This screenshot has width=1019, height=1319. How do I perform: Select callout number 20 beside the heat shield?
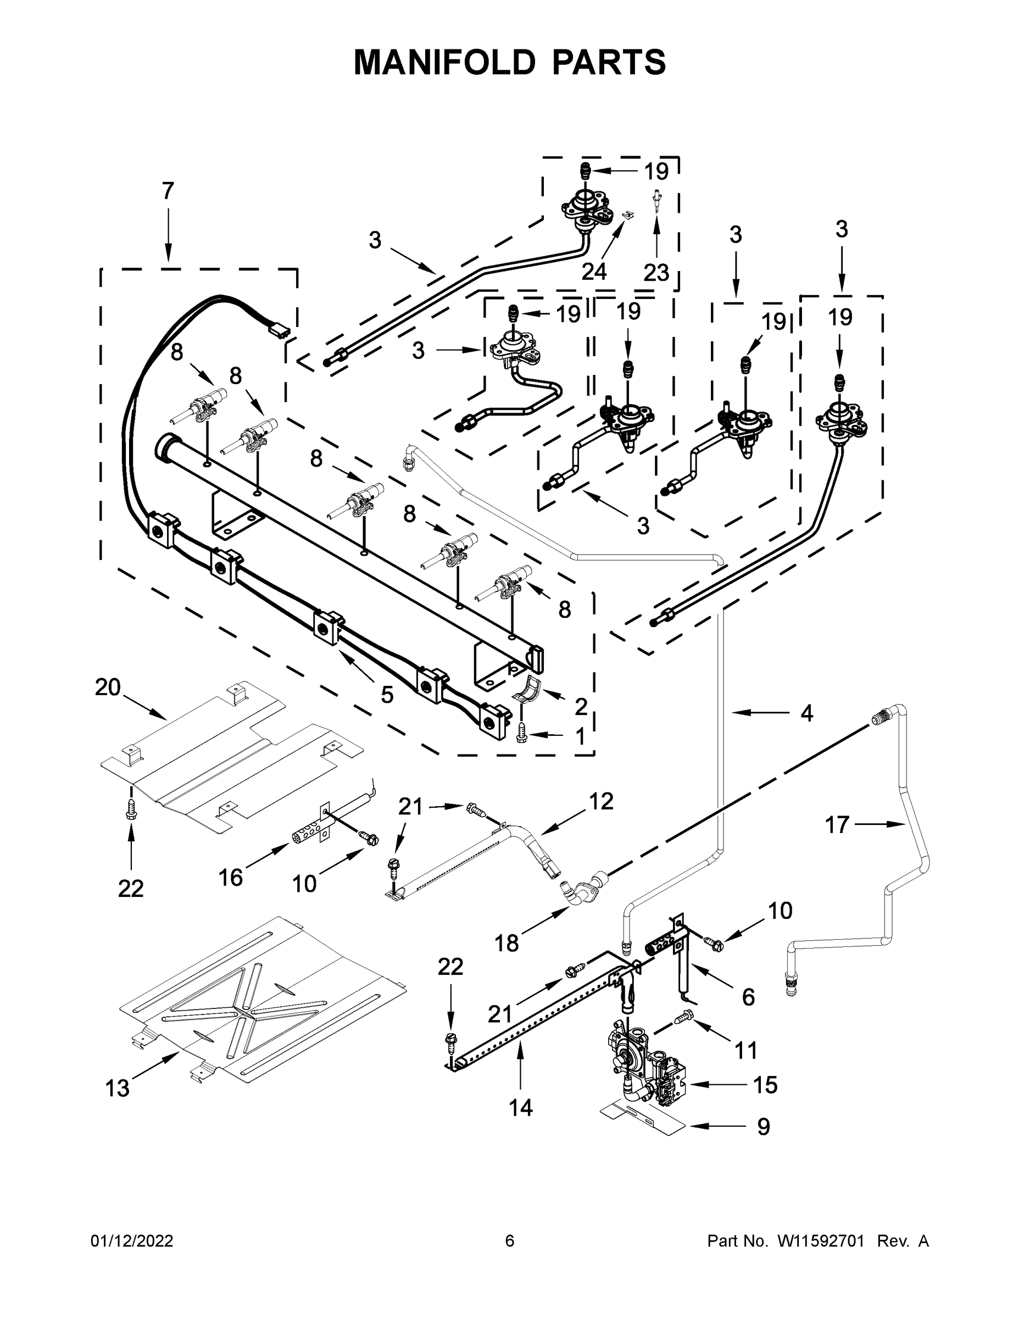[108, 688]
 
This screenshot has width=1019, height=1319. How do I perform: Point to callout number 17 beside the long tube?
[837, 824]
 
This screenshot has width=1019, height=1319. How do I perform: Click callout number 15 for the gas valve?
[765, 1085]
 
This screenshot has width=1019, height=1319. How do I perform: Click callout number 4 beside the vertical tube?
[806, 713]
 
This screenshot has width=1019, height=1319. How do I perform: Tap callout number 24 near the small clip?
[593, 272]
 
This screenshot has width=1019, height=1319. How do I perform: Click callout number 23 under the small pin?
[656, 273]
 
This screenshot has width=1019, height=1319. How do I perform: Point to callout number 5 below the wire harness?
[387, 695]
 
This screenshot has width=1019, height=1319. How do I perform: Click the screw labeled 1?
[523, 734]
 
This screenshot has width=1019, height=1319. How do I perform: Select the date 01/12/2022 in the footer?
[132, 1240]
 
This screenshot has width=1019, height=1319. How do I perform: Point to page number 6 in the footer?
[510, 1240]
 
